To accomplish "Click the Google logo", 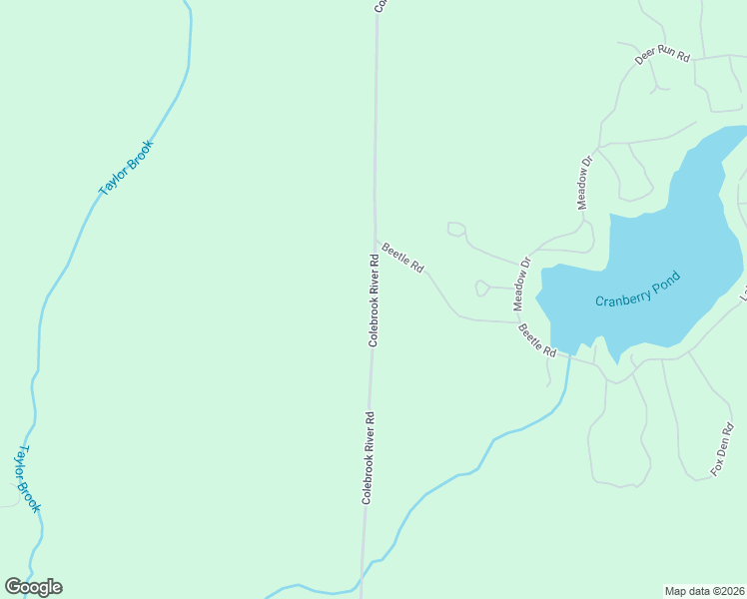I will coord(33,587).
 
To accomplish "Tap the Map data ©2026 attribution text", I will coord(704,590).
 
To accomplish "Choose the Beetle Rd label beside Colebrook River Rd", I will coord(402,257).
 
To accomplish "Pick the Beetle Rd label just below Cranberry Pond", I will coord(536,340).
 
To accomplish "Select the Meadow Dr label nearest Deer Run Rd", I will coord(586,181).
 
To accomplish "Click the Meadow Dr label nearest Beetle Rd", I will coord(521,284).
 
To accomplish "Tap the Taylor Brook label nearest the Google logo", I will coord(26,479).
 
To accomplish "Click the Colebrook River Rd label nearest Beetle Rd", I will coord(373,300).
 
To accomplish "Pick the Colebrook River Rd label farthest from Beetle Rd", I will coord(368,457).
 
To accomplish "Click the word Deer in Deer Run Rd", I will coord(645,59).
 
